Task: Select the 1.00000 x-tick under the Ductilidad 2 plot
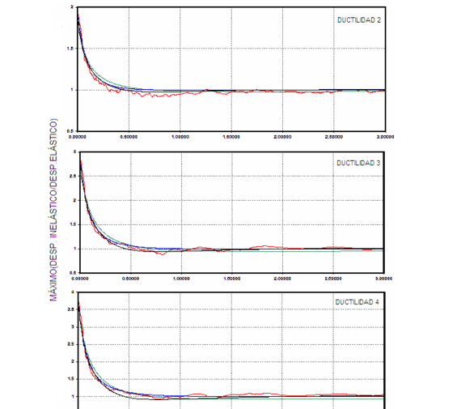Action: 181,137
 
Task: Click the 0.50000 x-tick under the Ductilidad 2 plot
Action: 130,137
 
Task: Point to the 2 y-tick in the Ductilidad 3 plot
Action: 74,200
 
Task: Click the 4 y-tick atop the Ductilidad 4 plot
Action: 74,292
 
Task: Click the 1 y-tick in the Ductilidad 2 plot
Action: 74,90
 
